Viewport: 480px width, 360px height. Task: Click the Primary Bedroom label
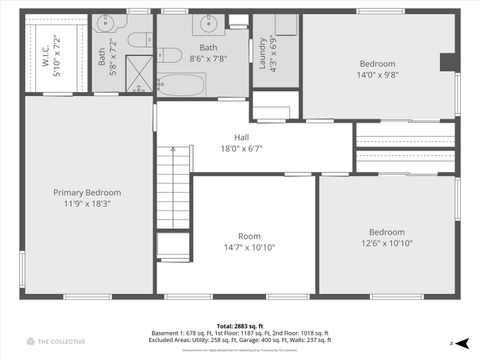88,192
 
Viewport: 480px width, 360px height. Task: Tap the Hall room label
242,138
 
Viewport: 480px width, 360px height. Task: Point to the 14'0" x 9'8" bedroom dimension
378,74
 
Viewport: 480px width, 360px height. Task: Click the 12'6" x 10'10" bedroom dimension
386,243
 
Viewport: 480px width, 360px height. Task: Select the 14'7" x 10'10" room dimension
249,247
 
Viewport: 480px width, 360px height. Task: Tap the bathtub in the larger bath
181,84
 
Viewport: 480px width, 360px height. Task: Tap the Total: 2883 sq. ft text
240,327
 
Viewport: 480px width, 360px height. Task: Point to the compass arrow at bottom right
451,343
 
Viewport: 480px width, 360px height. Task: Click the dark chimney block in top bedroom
448,62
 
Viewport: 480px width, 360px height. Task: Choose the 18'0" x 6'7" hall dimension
242,149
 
